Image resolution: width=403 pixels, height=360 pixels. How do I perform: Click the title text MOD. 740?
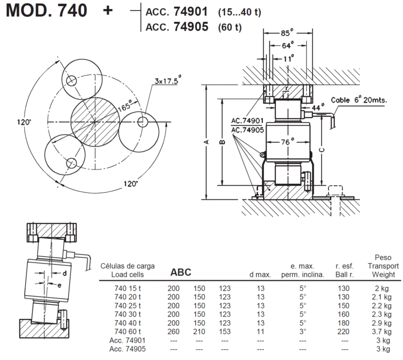click(x=47, y=10)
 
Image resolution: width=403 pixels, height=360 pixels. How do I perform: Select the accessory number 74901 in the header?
click(x=190, y=11)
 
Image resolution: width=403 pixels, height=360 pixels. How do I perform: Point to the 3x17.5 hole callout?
click(x=167, y=81)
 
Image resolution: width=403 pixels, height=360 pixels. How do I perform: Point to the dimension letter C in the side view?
click(x=322, y=149)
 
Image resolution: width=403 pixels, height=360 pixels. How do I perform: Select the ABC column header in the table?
click(x=181, y=273)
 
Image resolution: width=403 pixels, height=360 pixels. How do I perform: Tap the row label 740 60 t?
click(x=129, y=332)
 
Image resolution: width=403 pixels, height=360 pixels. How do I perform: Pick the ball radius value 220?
click(x=344, y=332)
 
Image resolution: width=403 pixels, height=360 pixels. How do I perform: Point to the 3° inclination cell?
click(x=302, y=332)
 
